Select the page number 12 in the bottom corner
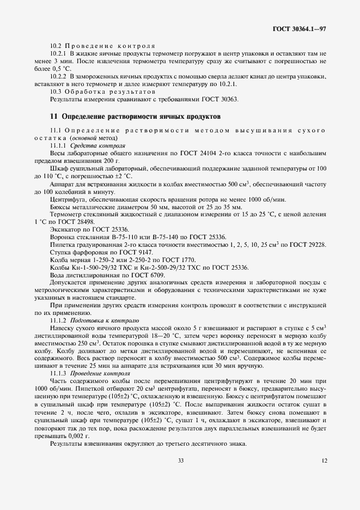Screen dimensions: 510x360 (x=324, y=460)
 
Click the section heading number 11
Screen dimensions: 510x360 (x=53, y=117)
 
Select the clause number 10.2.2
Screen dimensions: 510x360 (x=58, y=77)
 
